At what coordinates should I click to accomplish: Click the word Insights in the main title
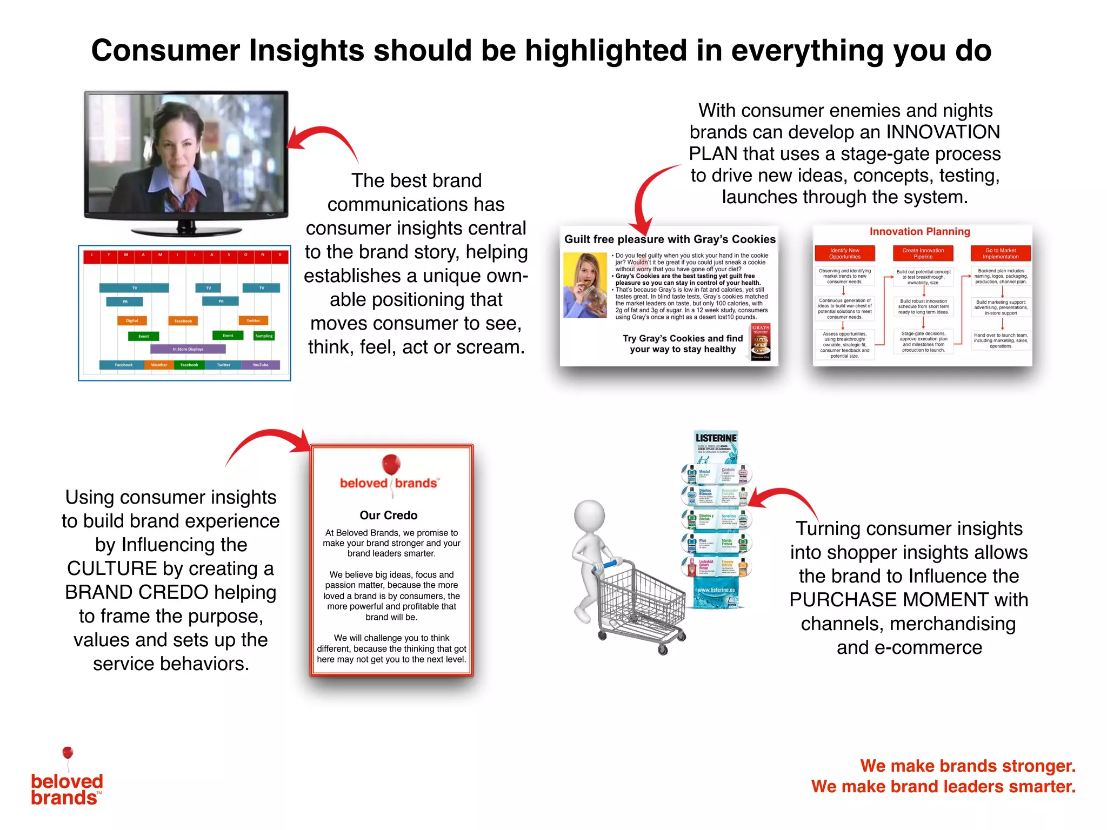pos(305,50)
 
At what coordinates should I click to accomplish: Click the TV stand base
pos(186,231)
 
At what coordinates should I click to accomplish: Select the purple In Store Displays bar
pos(188,349)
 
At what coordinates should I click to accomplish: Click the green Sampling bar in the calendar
pos(264,336)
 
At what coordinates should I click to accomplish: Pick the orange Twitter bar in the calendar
pos(253,320)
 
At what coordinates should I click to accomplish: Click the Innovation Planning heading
pos(919,232)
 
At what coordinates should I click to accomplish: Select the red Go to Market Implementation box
pos(1000,253)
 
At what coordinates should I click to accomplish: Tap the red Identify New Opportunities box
pos(844,253)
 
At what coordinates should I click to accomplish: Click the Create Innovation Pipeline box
pos(923,253)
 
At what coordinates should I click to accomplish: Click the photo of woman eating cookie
pos(584,285)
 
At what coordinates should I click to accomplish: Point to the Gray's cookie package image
pos(761,342)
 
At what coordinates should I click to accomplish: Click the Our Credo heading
pos(389,515)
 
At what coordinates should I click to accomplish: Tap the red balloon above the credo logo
pos(391,464)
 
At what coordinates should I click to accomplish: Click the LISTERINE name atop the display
pos(716,438)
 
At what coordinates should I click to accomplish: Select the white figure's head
pos(589,516)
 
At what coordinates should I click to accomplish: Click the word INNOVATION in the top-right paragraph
pos(943,132)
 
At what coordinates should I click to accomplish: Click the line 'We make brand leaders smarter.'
pos(943,786)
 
